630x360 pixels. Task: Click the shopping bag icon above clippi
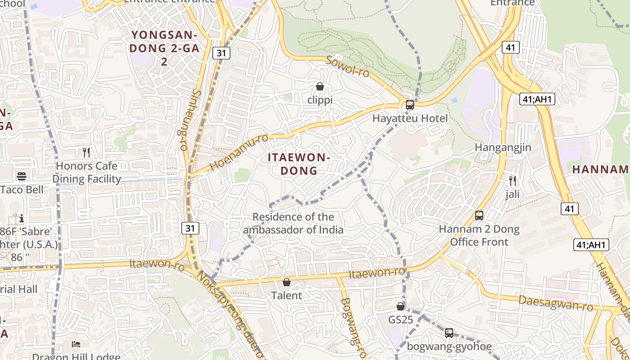[320, 86]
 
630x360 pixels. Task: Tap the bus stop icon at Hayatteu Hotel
[409, 105]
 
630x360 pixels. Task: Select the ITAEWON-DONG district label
[299, 164]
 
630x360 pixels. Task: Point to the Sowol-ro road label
[347, 67]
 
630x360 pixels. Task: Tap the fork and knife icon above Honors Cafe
[86, 153]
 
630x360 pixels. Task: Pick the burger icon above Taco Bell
[22, 176]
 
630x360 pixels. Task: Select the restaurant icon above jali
[512, 181]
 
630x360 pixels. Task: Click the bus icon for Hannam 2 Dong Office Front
[479, 216]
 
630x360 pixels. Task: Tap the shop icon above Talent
[287, 282]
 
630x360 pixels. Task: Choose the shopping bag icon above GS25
[400, 306]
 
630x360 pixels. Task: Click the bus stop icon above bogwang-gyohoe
[449, 333]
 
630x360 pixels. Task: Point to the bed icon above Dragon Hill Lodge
[76, 344]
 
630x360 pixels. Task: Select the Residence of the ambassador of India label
[293, 223]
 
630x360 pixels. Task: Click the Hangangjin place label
[503, 148]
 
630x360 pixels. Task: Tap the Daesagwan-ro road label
[556, 303]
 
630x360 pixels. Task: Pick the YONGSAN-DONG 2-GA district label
[164, 48]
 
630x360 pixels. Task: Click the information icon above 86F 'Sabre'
[21, 219]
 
